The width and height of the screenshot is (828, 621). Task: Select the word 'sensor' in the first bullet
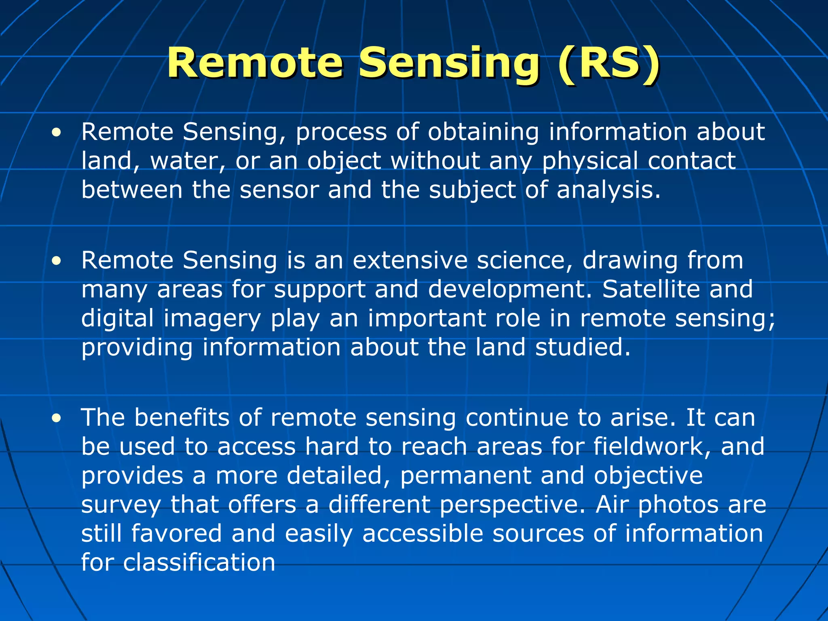(x=279, y=190)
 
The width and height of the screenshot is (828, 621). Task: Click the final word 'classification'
(x=199, y=563)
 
